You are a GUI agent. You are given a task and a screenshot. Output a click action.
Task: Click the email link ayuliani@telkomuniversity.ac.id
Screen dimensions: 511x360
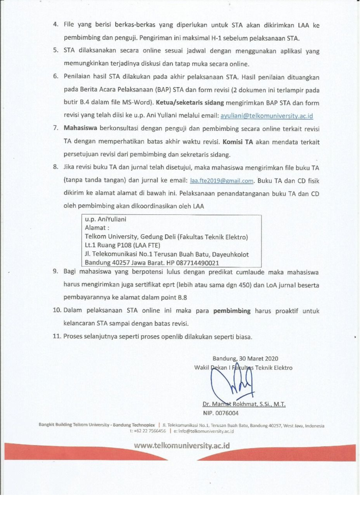[267, 116]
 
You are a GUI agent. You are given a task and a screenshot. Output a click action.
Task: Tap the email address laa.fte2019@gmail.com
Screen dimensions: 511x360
[222, 181]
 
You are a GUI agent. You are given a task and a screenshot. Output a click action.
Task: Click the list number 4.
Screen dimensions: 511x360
[56, 25]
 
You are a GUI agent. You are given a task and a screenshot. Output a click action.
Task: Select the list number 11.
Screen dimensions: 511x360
[57, 336]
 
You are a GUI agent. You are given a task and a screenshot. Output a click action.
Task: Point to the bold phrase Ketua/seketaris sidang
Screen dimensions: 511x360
[190, 103]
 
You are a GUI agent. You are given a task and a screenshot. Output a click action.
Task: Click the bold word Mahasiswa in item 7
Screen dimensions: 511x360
[80, 128]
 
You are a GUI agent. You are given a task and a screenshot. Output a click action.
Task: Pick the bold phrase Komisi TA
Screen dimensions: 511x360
[238, 142]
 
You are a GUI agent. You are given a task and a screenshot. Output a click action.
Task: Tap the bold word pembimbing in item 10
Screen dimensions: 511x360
[232, 311]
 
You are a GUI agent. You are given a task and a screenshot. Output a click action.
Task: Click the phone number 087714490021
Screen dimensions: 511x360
[197, 263]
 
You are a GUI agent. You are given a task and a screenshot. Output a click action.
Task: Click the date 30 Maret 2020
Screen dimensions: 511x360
[258, 359]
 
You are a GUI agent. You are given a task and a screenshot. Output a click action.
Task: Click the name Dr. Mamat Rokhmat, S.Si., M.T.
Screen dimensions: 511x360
[244, 404]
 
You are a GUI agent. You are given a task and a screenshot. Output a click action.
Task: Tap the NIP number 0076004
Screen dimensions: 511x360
[227, 413]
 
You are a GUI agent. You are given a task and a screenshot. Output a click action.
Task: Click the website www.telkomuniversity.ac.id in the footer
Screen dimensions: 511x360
[182, 446]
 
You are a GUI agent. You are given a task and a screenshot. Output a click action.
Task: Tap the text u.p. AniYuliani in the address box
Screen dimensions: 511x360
[106, 219]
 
